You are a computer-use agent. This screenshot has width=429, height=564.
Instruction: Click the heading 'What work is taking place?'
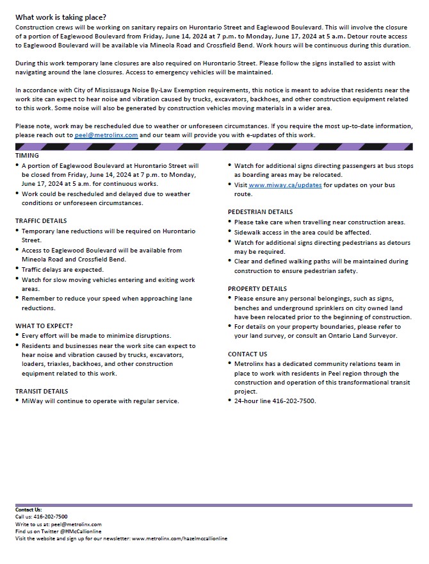(61, 17)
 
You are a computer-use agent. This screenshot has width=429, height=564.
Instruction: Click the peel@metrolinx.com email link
(106, 136)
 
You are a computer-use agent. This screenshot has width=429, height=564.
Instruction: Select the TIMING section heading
(27, 156)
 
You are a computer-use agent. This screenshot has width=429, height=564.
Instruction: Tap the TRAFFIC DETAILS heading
(41, 221)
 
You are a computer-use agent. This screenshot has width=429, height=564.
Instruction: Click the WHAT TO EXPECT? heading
(44, 326)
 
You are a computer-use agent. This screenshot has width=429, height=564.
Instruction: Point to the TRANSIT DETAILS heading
(42, 391)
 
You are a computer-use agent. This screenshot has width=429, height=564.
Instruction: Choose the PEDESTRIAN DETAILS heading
(260, 212)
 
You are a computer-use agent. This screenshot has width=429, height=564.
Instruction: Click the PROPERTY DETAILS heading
(257, 289)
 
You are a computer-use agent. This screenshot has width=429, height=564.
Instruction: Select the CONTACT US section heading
(247, 354)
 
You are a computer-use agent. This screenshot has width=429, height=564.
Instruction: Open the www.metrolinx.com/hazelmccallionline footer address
(179, 539)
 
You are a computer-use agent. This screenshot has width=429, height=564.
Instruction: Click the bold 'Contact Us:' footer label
(29, 510)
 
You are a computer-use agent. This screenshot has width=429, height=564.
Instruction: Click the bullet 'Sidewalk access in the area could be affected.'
(302, 233)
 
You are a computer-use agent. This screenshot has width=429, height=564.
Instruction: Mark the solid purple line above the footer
(214, 505)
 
